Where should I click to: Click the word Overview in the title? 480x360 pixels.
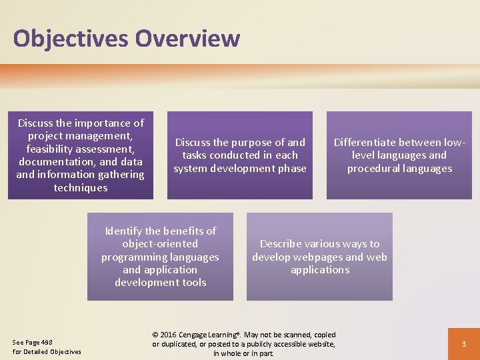[187, 38]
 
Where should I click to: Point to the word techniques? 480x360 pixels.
[81, 188]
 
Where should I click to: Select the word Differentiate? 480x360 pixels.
[369, 143]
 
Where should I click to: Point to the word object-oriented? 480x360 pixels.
[160, 244]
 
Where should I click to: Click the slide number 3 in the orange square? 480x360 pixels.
[463, 344]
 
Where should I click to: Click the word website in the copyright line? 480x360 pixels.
[319, 344]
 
